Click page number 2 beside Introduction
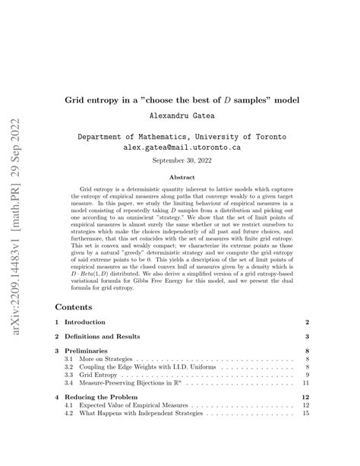(x=306, y=323)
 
